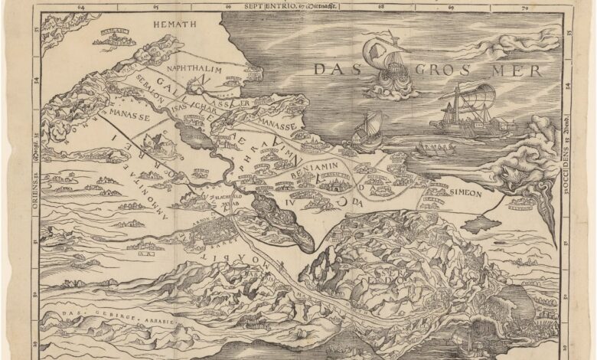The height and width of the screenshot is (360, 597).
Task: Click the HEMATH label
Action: pyautogui.click(x=175, y=25)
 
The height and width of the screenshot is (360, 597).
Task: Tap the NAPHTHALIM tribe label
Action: pyautogui.click(x=194, y=69)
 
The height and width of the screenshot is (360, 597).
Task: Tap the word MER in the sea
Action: pyautogui.click(x=519, y=71)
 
